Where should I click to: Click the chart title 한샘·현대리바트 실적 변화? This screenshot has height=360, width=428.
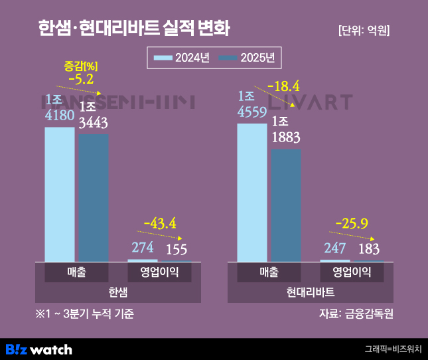(135, 29)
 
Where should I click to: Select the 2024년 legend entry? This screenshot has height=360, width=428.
(181, 58)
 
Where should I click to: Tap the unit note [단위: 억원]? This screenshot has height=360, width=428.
(363, 31)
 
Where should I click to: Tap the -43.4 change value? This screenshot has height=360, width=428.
(160, 223)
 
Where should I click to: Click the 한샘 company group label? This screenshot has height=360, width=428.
(117, 292)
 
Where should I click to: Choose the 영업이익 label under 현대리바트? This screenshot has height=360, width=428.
(352, 272)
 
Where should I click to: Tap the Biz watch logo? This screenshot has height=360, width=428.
(38, 349)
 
